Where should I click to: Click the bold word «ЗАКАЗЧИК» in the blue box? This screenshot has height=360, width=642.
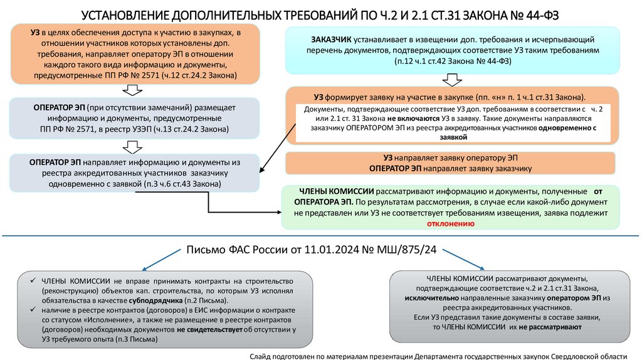point(331,40)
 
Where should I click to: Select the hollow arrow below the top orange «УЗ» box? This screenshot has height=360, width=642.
point(133,90)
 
